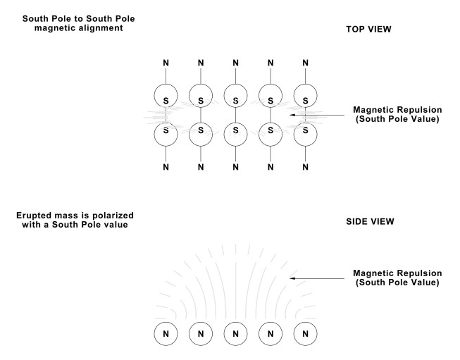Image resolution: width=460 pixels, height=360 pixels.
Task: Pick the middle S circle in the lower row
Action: (x=236, y=130)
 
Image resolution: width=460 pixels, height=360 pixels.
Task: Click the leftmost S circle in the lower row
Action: (x=166, y=130)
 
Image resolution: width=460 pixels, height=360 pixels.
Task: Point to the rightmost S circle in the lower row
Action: (x=305, y=130)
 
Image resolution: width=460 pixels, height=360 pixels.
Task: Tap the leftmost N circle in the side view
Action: (x=166, y=332)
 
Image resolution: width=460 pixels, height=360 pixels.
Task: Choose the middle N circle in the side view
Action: (x=236, y=332)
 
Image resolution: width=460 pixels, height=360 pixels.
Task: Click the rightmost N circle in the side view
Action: (x=305, y=332)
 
